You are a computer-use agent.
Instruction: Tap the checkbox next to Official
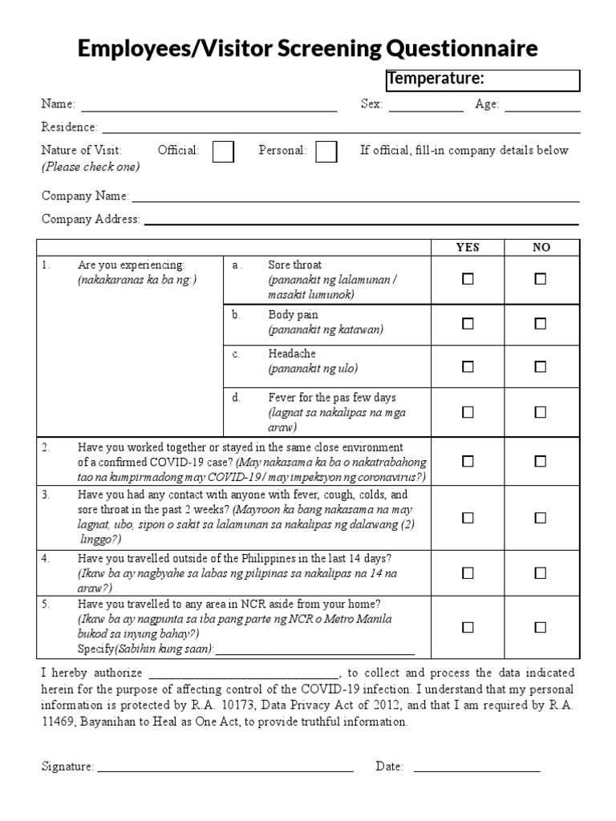click(223, 152)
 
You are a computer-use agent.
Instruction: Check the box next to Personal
click(326, 152)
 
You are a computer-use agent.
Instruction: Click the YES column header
click(468, 247)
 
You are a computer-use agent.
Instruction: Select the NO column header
click(541, 247)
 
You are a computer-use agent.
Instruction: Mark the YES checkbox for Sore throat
click(468, 279)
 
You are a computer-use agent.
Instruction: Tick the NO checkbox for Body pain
click(541, 323)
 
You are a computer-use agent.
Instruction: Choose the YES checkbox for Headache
click(468, 366)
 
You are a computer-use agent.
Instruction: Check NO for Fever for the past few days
click(541, 411)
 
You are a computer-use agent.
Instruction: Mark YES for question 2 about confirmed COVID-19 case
click(468, 461)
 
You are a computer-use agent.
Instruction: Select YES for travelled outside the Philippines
click(468, 572)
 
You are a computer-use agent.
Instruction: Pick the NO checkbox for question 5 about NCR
click(541, 627)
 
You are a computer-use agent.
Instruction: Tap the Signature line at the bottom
click(225, 767)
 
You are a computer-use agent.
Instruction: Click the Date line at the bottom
click(476, 767)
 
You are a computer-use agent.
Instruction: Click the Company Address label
click(91, 219)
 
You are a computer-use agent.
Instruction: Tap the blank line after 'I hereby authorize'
click(244, 673)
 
